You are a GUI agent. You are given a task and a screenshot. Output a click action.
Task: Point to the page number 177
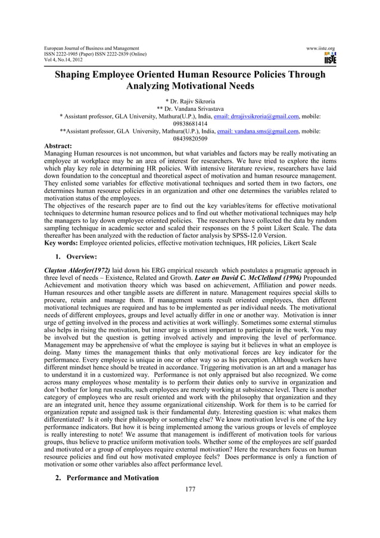[190, 489]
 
